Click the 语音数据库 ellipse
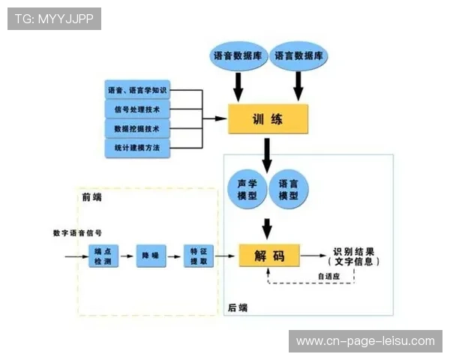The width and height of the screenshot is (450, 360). pos(238,56)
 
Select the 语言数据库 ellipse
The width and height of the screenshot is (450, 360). pos(298,56)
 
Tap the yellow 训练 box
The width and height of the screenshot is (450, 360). pos(268,119)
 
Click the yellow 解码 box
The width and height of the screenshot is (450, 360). pos(269,256)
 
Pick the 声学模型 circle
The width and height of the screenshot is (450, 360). pos(247,190)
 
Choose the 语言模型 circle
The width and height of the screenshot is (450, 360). pos(288,190)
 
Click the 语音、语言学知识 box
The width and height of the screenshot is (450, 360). pos(137,91)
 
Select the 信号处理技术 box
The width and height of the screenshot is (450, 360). pos(137,109)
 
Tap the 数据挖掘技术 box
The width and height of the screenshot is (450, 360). pos(137,129)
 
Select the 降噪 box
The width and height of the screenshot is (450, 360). pos(149,256)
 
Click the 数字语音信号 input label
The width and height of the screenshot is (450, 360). pos(77,232)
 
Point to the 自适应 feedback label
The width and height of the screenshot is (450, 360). pos(328,276)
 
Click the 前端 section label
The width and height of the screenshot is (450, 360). pos(92,197)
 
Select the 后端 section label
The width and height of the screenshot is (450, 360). pos(238,307)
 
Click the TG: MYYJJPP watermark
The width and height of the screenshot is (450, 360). pos(54,19)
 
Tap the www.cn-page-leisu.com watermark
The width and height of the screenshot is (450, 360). pos(365,341)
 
